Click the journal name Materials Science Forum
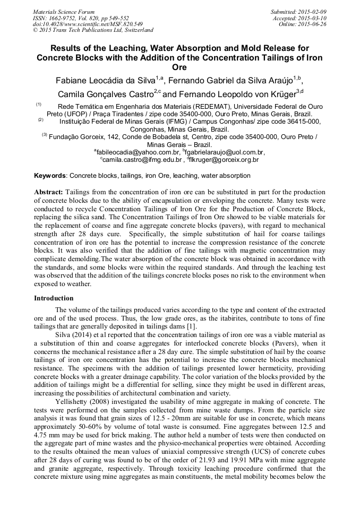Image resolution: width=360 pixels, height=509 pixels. point(64,12)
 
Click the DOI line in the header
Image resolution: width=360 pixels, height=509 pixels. point(88,24)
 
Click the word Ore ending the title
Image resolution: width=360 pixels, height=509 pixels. point(180,68)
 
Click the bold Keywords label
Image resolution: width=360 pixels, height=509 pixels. point(50,175)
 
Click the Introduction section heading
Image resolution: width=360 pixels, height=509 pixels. point(54,298)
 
